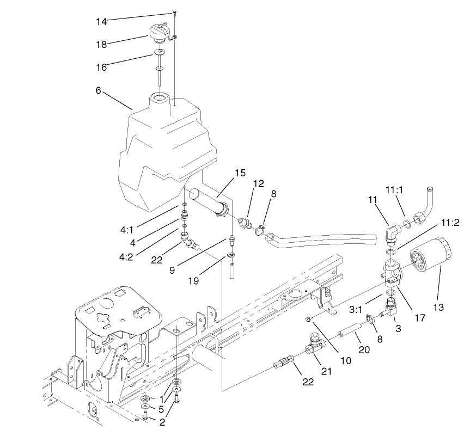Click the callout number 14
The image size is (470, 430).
(101, 21)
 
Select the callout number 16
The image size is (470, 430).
(101, 67)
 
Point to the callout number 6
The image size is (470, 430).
(99, 91)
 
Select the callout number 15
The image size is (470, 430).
(240, 173)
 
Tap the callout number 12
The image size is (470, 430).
(258, 183)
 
